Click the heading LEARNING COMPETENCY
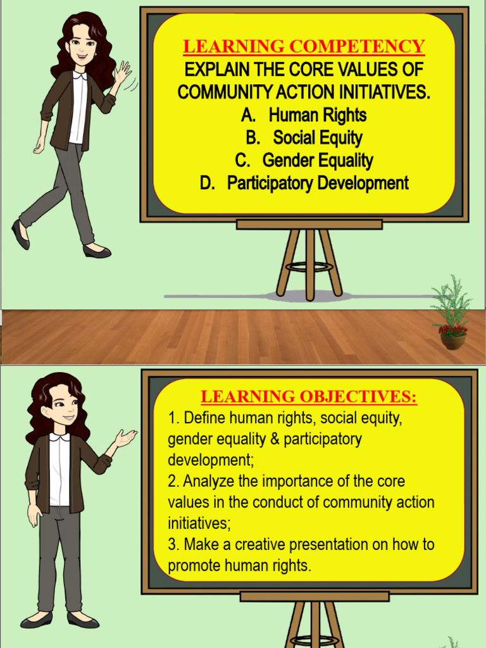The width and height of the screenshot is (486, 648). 304,46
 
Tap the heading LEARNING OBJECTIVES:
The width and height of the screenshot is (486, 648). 309,397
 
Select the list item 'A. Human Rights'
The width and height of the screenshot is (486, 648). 304,115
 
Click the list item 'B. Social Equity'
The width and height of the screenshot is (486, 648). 304,138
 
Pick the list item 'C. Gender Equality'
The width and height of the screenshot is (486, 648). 304,161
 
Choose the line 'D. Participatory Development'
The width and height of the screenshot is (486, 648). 304,184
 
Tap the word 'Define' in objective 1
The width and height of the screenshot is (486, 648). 203,418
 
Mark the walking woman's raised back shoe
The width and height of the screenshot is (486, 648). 20,234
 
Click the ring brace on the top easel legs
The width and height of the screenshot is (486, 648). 309,266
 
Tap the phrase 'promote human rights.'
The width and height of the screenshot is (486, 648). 240,566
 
